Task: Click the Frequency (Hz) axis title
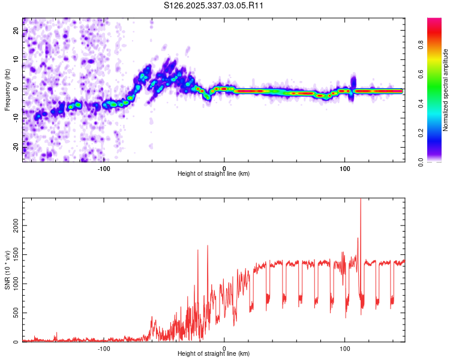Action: tap(7, 90)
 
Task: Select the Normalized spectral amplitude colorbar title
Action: tap(446, 90)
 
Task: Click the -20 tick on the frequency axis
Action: tap(16, 147)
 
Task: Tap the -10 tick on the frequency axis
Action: tap(16, 118)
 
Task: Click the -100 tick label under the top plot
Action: tap(104, 169)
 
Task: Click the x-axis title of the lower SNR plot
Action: tap(214, 354)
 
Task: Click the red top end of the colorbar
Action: tap(434, 21)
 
